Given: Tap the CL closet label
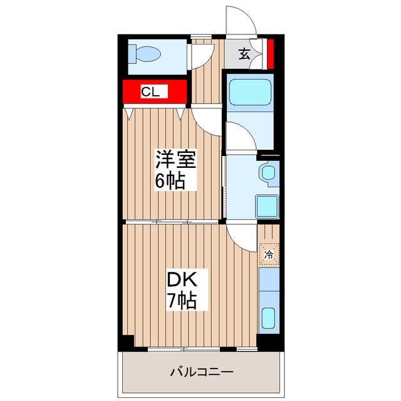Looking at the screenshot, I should (x=150, y=92).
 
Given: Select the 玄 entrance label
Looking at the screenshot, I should (x=244, y=54).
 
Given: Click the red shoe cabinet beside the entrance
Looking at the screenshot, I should (x=270, y=54).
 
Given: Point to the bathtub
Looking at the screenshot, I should (x=249, y=93).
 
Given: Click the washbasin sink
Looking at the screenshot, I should (x=269, y=173).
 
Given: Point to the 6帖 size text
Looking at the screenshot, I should (x=170, y=181).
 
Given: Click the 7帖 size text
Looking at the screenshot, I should (x=181, y=301).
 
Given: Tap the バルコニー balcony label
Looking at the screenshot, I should (x=202, y=372).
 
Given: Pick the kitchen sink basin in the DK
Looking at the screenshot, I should (x=269, y=319).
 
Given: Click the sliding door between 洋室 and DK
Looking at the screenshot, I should (x=173, y=222).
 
